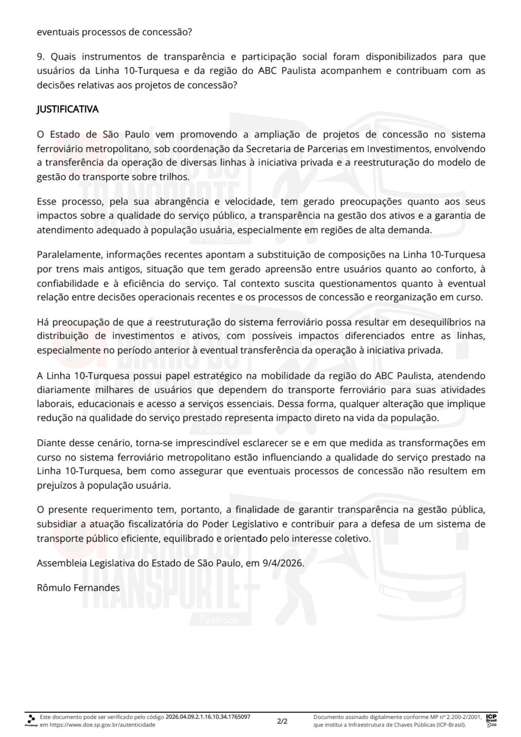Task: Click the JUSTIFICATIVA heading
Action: pos(67,109)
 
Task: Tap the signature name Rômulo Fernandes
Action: pos(78,588)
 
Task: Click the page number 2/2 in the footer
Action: pos(282,721)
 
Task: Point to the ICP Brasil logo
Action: pos(491,721)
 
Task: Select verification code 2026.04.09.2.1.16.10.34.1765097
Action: pos(208,717)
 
